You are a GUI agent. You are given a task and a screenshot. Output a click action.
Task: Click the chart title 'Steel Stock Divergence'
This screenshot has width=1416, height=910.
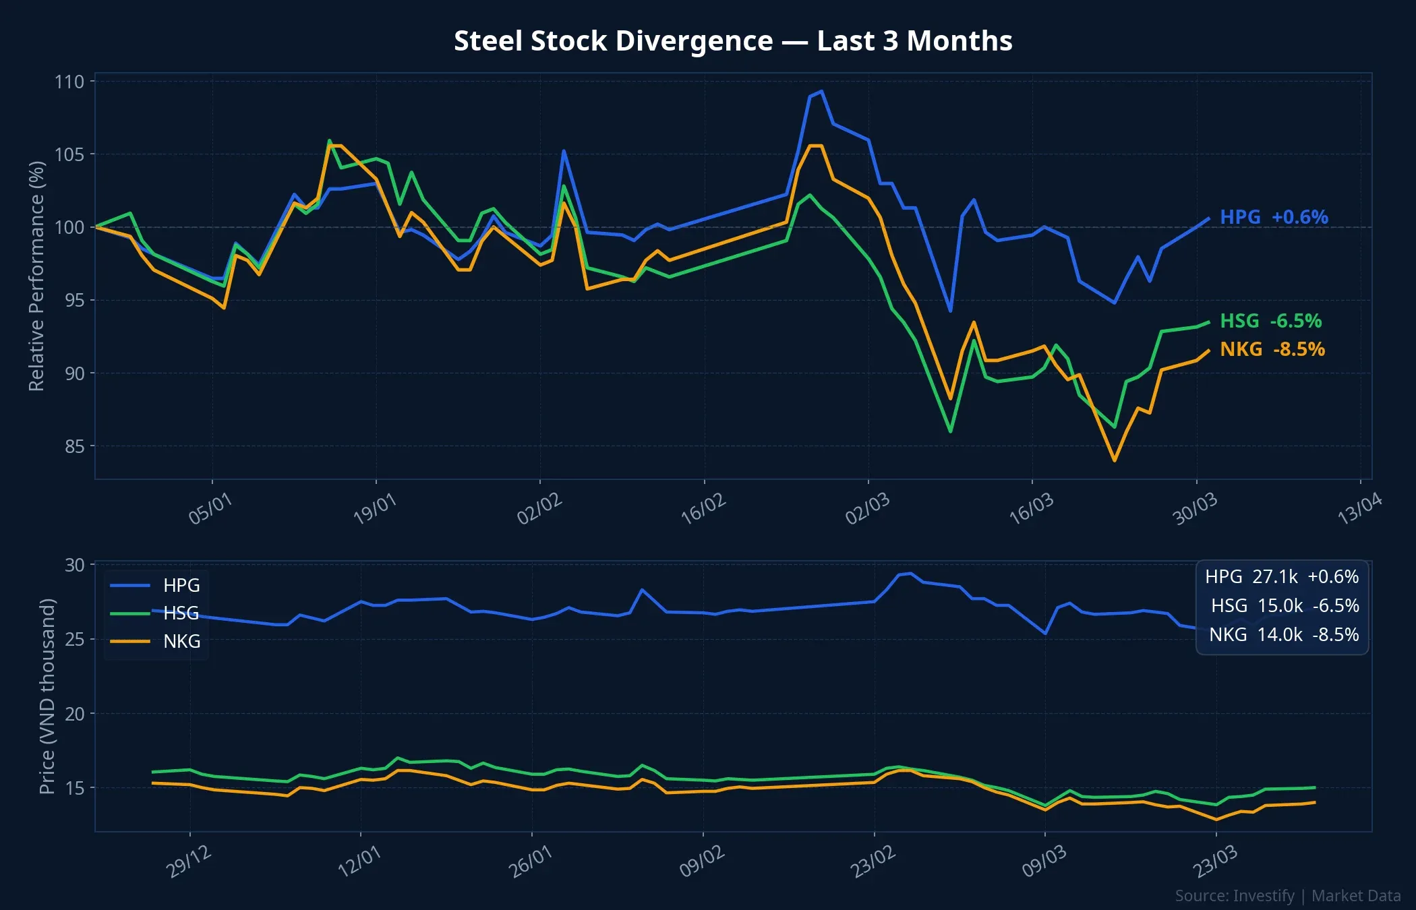(733, 41)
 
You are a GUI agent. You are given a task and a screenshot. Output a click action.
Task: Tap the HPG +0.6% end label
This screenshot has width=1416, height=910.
(1274, 217)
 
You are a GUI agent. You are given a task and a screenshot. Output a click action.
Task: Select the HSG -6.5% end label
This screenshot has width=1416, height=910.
(1270, 321)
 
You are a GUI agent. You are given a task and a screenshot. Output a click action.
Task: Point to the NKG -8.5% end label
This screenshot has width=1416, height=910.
(1272, 349)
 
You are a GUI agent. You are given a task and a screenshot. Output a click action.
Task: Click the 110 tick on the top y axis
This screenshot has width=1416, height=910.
(69, 82)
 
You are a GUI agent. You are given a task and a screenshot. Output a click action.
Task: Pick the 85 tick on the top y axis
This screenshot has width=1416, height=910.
(74, 446)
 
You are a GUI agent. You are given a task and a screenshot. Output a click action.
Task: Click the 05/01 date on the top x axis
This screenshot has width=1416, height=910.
(210, 509)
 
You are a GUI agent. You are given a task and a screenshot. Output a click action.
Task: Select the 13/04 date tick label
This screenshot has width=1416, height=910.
(1359, 509)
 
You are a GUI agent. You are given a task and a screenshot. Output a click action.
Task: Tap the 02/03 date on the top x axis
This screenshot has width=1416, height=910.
(867, 509)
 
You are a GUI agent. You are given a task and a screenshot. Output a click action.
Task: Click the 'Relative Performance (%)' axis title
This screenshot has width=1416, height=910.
(36, 276)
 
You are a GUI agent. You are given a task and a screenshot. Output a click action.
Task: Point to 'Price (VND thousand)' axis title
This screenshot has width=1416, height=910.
(47, 696)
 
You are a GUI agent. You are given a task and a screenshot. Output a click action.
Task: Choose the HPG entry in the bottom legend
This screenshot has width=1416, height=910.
(181, 585)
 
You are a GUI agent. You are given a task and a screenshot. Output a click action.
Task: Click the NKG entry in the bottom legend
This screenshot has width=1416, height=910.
(181, 641)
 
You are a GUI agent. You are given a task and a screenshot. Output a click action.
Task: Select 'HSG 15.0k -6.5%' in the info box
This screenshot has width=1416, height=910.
(1285, 606)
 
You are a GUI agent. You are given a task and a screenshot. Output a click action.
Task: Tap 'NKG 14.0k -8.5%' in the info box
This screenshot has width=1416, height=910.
(1283, 635)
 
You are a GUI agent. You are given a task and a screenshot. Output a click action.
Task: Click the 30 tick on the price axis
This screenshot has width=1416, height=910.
(74, 565)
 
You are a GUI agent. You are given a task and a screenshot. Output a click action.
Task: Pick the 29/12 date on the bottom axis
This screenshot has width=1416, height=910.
(189, 861)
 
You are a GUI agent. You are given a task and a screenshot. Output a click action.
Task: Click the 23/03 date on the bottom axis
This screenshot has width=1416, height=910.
(1216, 861)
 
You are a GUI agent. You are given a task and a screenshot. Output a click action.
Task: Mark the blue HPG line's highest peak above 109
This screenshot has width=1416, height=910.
(821, 91)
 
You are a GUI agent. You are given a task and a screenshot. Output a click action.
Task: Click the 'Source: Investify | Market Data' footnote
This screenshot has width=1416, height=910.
(1287, 896)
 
